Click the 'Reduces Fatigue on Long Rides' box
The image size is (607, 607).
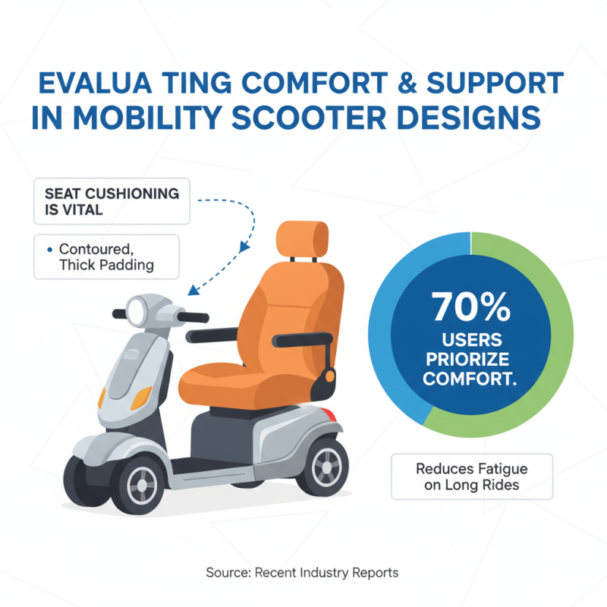point(472,476)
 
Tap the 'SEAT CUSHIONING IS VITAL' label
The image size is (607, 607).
point(112,201)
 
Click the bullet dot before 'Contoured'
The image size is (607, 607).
point(49,249)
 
